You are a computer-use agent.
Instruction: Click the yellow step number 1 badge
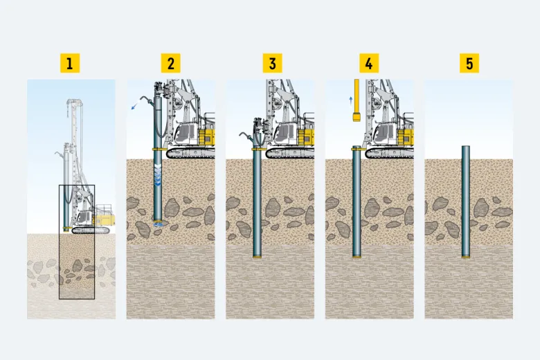[x=70, y=63]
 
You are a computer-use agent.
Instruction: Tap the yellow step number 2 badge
[x=171, y=63]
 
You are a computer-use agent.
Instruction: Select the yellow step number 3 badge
[x=272, y=63]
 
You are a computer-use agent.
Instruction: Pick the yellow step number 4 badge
[x=369, y=63]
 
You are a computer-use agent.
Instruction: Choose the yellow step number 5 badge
[x=469, y=63]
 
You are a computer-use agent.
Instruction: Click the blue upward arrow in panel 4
[x=351, y=100]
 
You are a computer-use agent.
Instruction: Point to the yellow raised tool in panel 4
[x=357, y=100]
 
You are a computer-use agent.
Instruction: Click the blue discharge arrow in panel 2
[x=135, y=105]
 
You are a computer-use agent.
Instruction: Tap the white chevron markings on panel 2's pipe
[x=158, y=175]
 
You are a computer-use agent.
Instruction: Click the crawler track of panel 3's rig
[x=289, y=154]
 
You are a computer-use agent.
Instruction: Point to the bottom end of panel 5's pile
[x=466, y=256]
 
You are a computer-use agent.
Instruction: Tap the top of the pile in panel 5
[x=466, y=147]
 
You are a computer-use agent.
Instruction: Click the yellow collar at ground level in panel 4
[x=357, y=148]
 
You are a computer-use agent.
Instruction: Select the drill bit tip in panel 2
[x=158, y=223]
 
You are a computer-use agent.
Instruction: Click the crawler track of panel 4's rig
[x=389, y=154]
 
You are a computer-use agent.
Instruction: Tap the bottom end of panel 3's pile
[x=257, y=256]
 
